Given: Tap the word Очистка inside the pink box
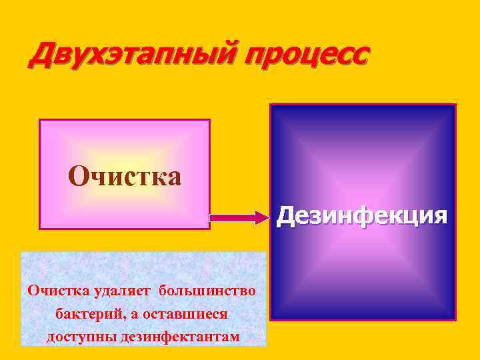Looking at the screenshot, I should (x=125, y=176).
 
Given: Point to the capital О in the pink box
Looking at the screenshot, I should (x=77, y=176).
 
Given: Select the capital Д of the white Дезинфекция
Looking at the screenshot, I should (x=285, y=216).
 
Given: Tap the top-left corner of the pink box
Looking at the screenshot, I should (x=40, y=120).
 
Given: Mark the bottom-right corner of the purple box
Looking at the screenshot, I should (x=455, y=319).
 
